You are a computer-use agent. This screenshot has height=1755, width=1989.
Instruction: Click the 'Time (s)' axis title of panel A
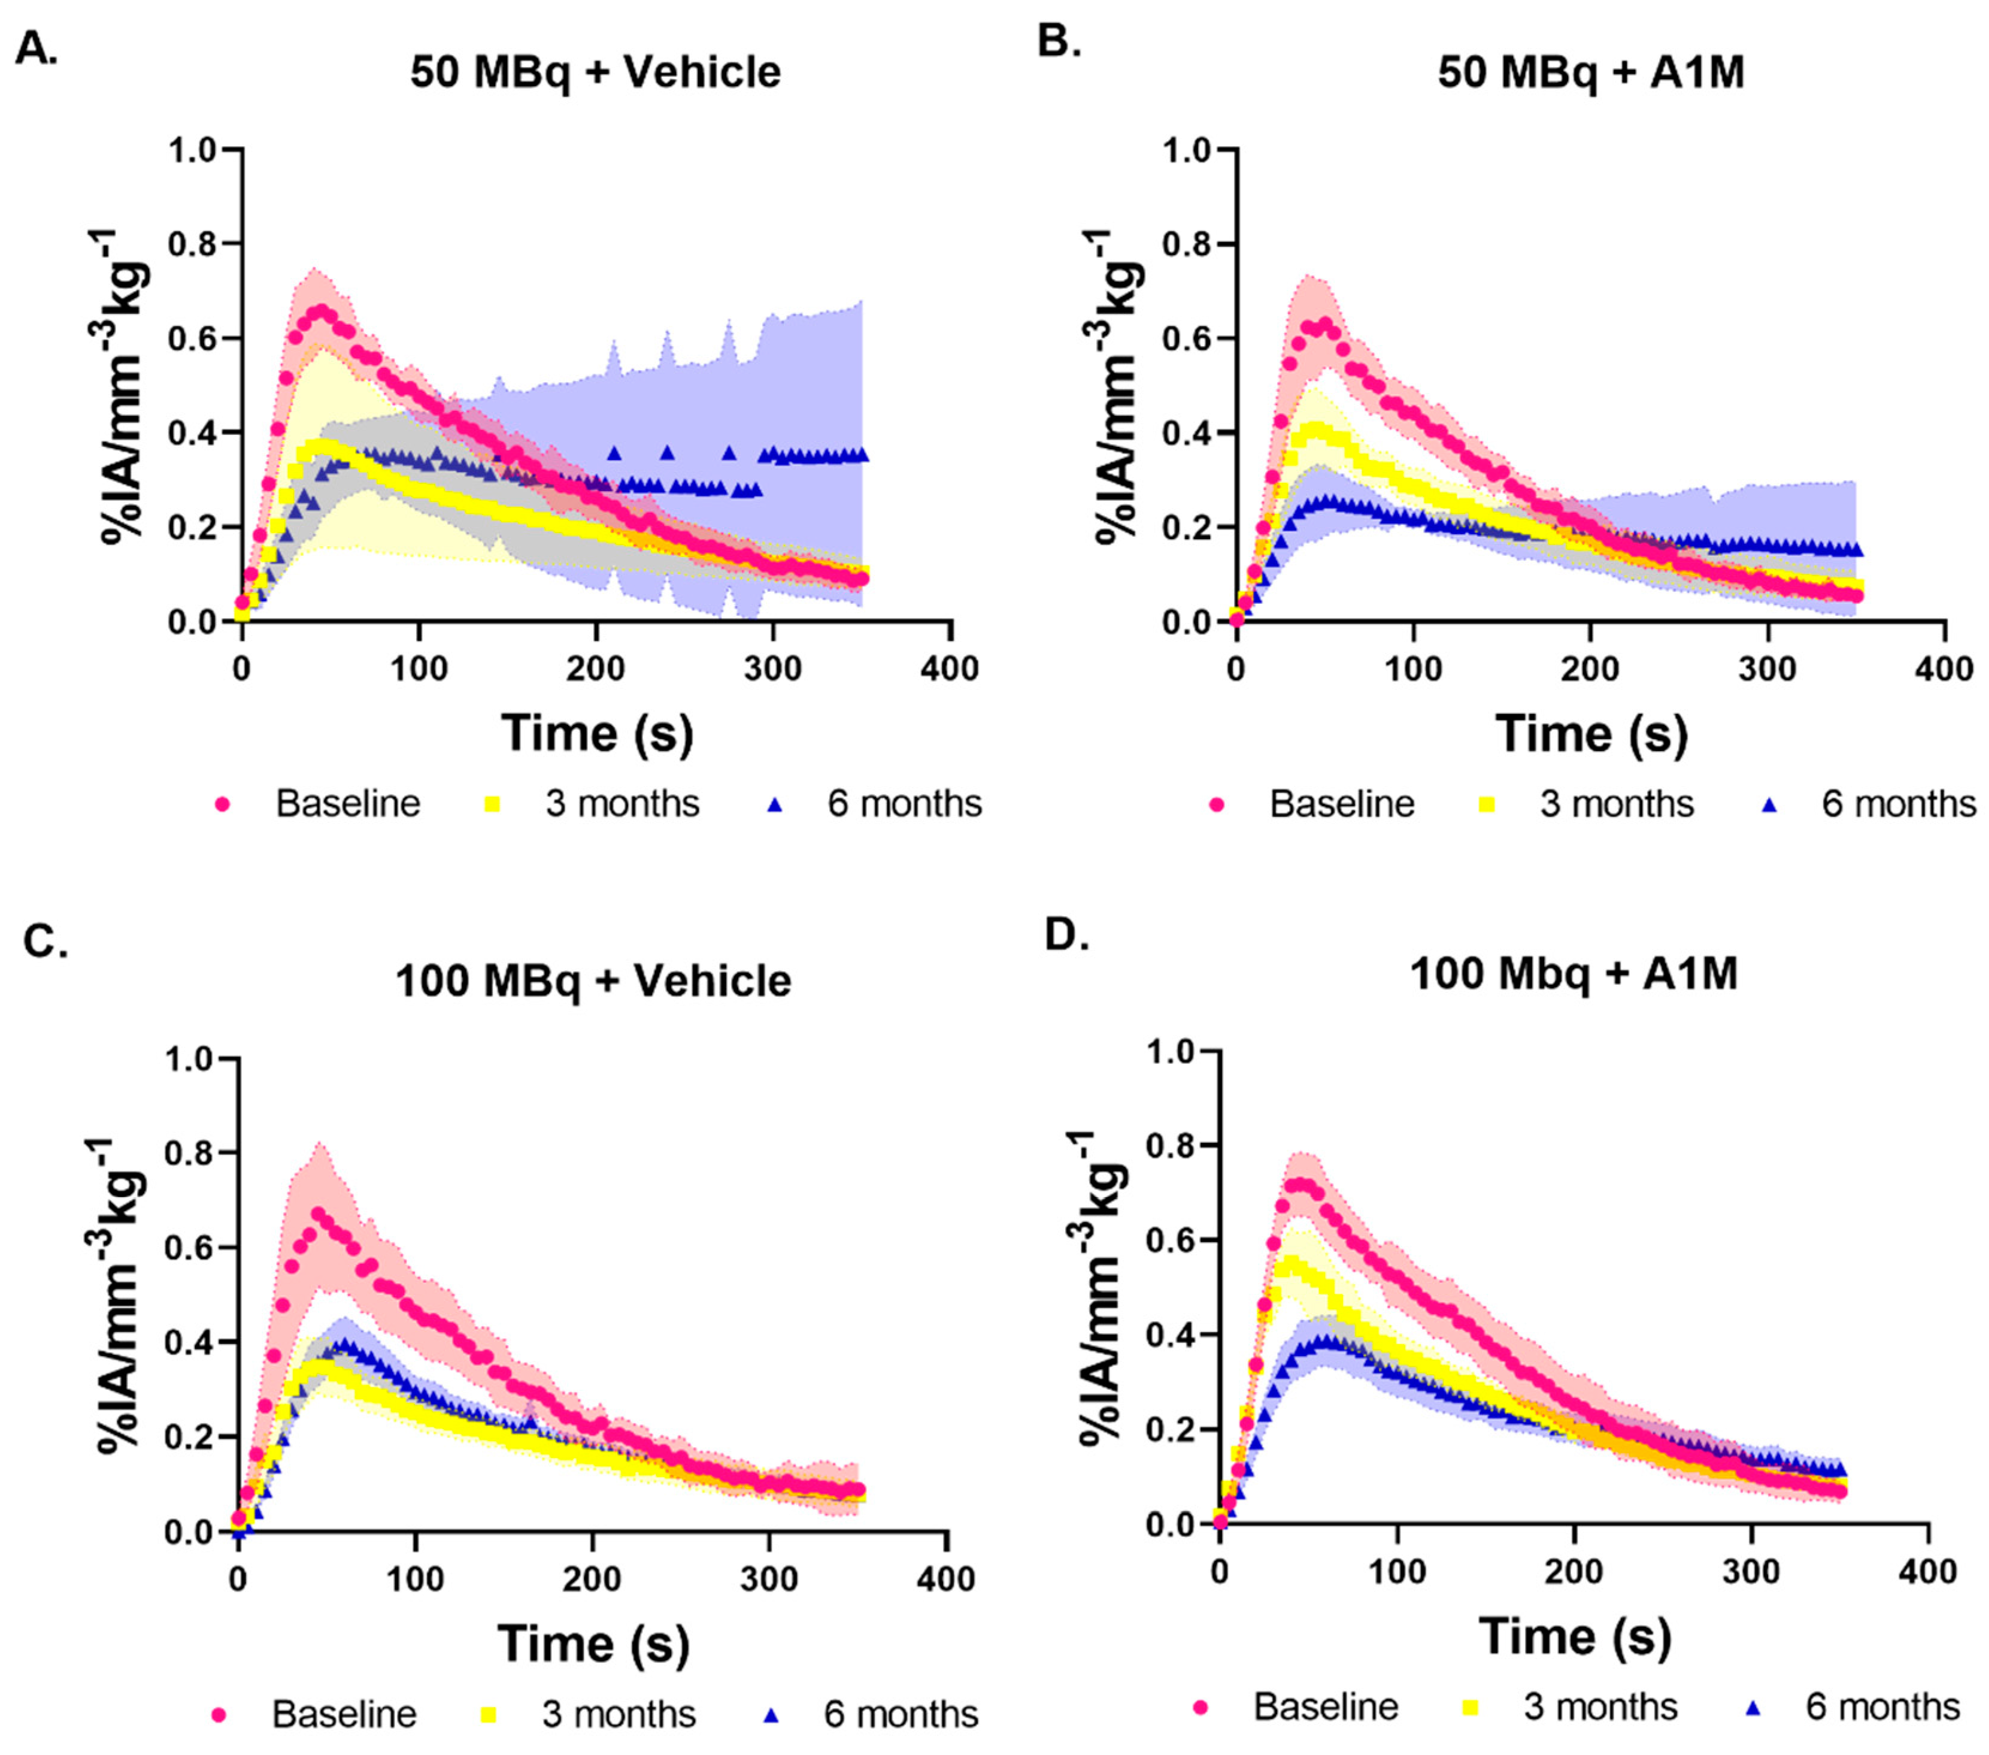coord(598,732)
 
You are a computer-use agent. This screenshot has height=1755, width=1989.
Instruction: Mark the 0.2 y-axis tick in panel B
coord(1188,528)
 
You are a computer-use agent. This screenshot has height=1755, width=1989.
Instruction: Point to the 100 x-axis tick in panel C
coord(416,1579)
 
